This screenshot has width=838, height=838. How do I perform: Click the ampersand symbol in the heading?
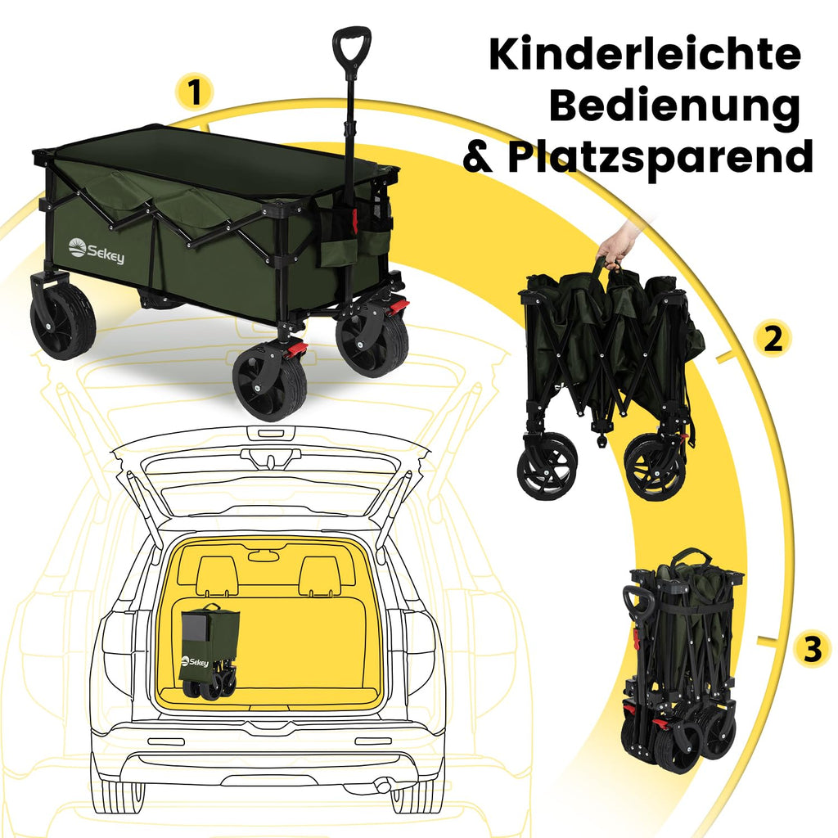tap(480, 156)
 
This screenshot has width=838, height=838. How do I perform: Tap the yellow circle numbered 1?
tap(195, 92)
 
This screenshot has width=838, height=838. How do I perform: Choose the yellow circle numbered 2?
tap(773, 339)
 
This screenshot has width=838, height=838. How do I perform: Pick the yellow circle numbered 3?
tap(813, 649)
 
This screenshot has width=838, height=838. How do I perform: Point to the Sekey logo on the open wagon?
tap(97, 251)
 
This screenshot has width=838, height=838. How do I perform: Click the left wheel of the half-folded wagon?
tap(547, 466)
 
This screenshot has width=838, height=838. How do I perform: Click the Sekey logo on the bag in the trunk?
tap(195, 661)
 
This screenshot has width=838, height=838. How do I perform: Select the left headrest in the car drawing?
tap(218, 575)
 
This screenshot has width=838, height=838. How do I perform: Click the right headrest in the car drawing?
tap(320, 575)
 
